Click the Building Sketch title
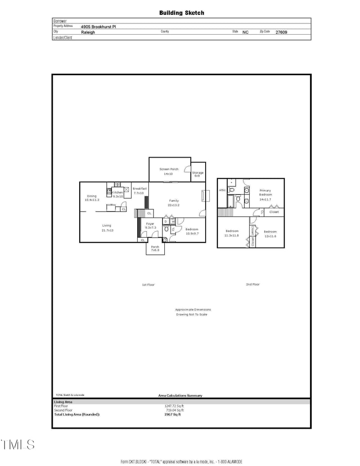coord(181,13)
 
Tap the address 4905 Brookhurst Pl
coord(98,27)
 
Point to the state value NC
coord(245,32)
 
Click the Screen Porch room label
coord(169,169)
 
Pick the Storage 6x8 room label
coord(198,174)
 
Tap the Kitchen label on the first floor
coord(118,192)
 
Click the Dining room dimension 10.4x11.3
coord(92,200)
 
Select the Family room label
coord(174,201)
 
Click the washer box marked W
coord(173,222)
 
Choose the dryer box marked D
coord(166,222)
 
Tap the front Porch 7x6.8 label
coord(155,248)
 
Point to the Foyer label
coord(150,224)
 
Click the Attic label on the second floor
coord(222,190)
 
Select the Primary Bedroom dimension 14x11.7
coord(265,199)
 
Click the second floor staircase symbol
coord(224,212)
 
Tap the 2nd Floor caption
coord(252,285)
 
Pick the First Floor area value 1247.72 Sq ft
coord(174,406)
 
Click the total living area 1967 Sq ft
coord(173,414)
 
